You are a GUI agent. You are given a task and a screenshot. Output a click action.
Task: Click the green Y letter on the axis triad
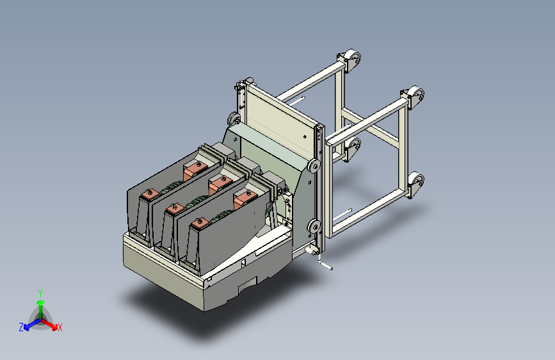40,293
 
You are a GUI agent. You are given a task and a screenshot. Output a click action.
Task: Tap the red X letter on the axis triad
60,327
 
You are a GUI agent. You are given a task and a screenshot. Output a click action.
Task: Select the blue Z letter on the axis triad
21,327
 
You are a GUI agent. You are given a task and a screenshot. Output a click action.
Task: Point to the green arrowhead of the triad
41,303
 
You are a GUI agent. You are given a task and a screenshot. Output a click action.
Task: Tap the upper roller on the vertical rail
314,166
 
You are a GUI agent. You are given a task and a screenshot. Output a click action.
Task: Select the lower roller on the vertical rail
314,226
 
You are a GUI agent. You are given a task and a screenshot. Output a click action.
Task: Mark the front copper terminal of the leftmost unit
150,194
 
